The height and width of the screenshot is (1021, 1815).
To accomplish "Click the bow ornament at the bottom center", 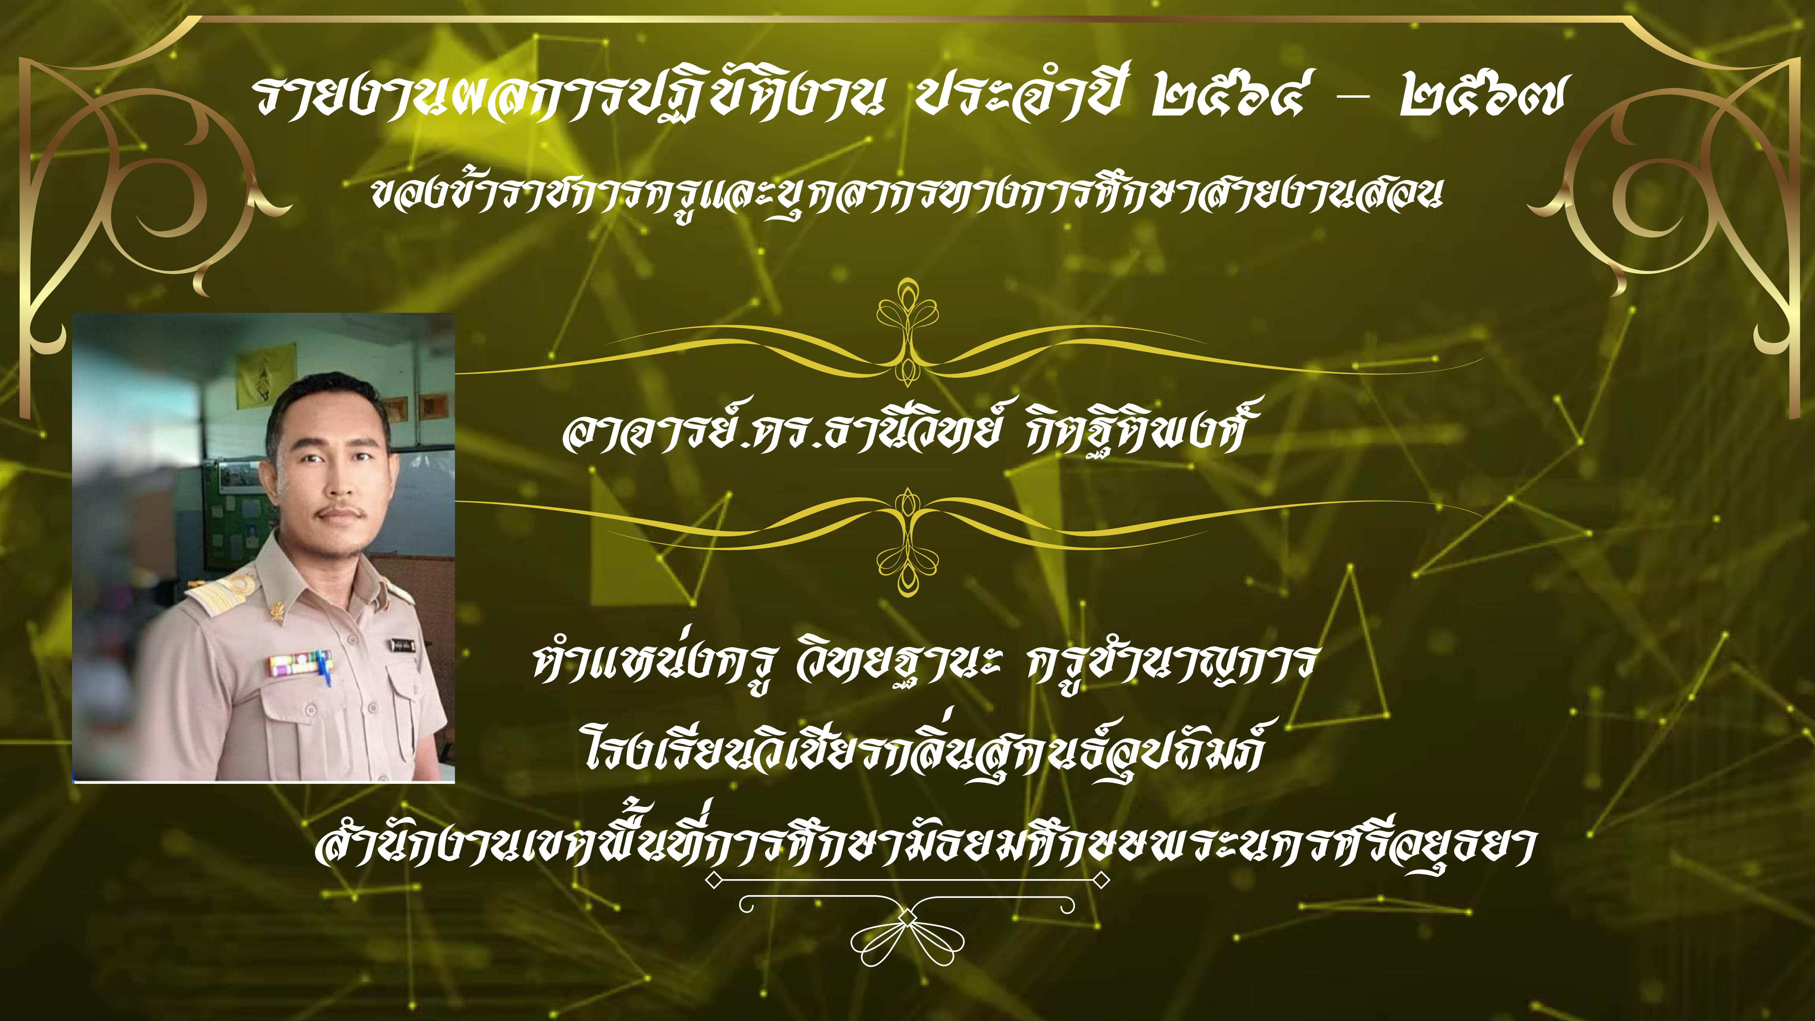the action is (907, 930).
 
